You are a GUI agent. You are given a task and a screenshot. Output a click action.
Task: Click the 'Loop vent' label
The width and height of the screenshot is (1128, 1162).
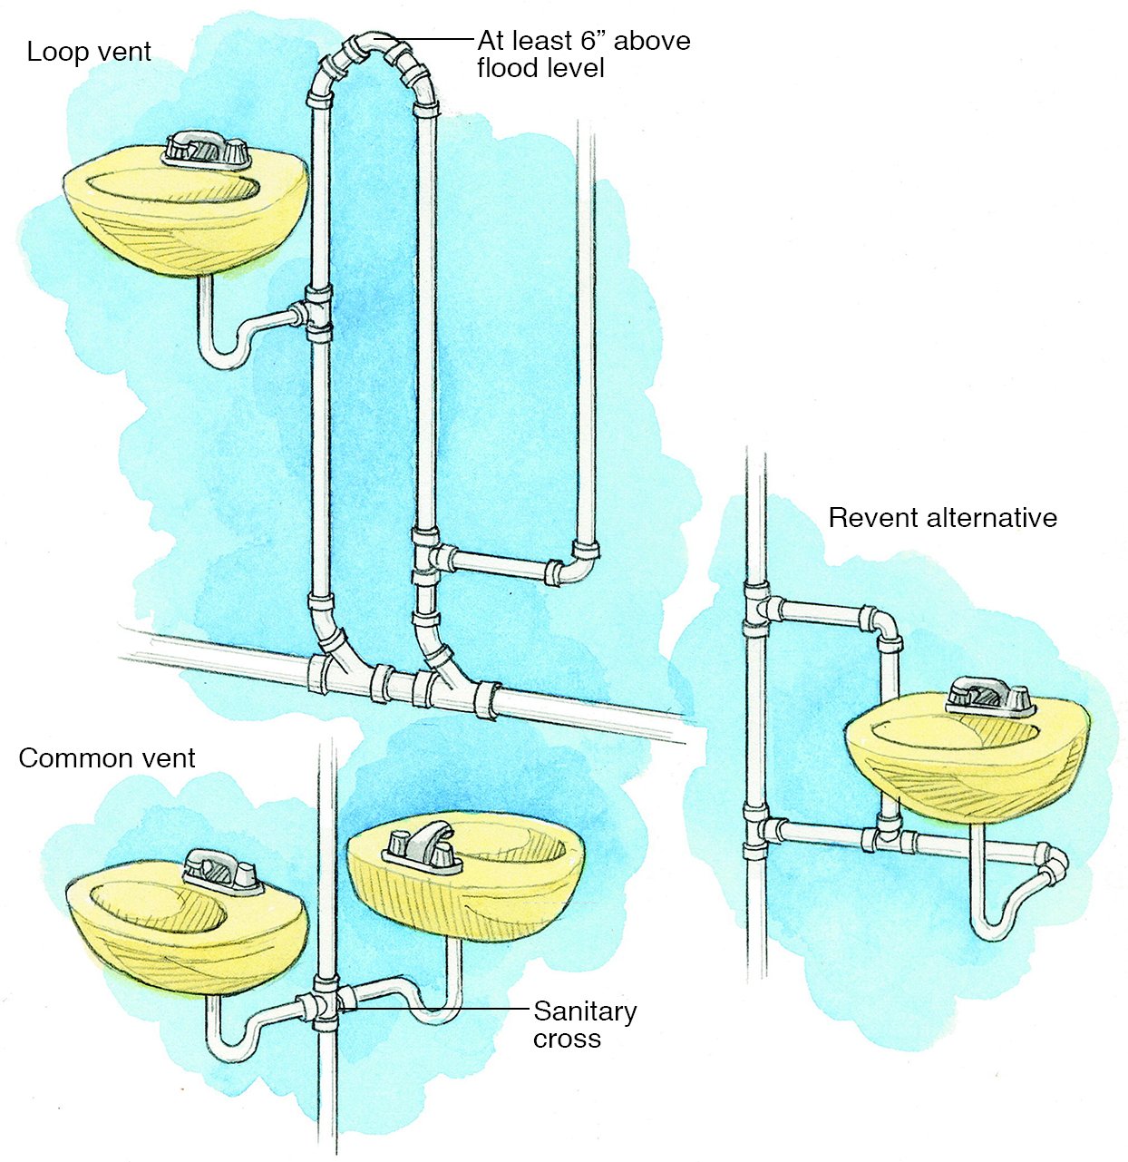tap(89, 52)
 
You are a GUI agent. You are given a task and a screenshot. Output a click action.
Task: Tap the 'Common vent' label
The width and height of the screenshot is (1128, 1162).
tap(106, 757)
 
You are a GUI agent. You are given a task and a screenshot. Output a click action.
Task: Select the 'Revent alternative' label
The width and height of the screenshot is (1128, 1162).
tap(942, 518)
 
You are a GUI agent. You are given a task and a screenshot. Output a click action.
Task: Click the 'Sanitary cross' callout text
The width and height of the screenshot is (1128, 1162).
tap(584, 1024)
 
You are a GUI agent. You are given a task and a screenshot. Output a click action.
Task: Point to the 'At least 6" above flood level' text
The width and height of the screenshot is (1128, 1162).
tap(583, 54)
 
